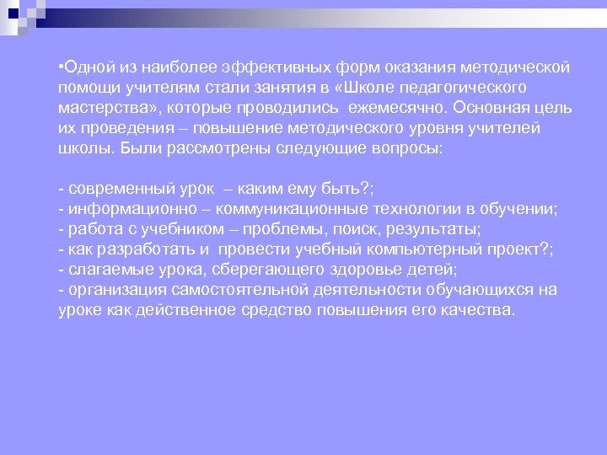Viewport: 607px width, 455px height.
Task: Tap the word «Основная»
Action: point(492,108)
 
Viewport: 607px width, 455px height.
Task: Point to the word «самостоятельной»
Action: point(233,291)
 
